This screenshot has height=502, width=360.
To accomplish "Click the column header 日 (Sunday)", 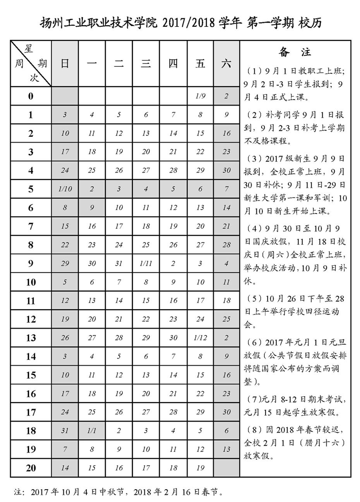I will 65,64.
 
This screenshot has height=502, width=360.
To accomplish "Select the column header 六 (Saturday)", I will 226,64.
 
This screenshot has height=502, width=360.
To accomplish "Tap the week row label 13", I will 31,338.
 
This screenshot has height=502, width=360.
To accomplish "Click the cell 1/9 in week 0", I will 200,96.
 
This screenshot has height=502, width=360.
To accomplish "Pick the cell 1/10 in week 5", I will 65,189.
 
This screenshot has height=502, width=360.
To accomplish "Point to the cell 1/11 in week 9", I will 146,263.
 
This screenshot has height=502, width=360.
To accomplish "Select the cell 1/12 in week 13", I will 200,338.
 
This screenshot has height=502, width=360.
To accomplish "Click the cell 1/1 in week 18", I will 92,431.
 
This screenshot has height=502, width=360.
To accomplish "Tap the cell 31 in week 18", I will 65,431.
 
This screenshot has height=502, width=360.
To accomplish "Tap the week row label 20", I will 31,468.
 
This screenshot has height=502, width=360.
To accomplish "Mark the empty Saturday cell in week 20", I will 226,468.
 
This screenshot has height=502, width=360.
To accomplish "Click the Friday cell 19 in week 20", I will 200,468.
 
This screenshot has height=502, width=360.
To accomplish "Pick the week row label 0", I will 31,96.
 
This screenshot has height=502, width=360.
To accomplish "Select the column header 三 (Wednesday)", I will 146,64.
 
